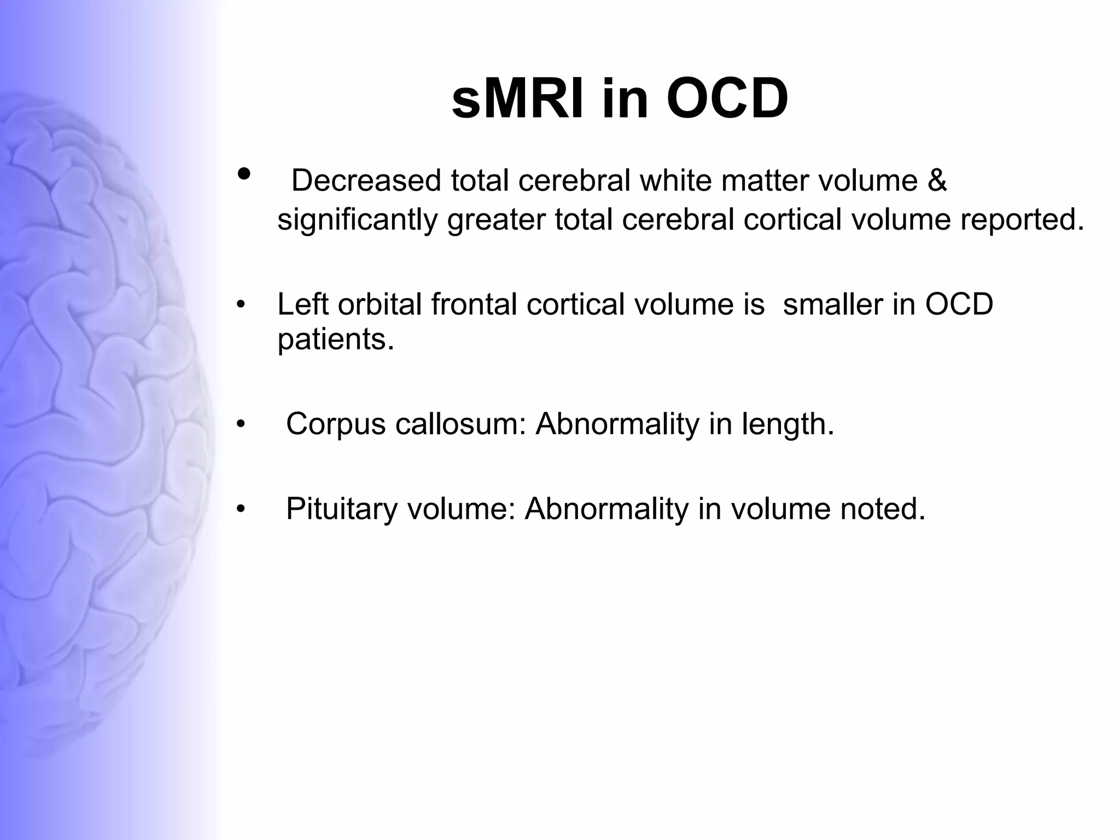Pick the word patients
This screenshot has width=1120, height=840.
click(335, 340)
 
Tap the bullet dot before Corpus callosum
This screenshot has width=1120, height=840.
click(241, 425)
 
